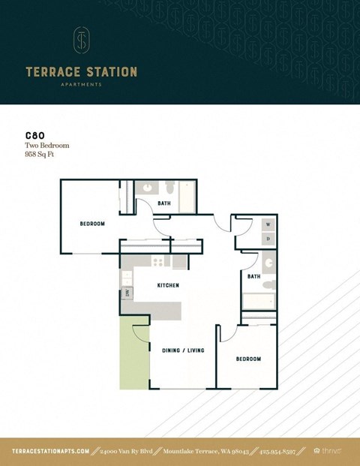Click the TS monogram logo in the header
[x=81, y=41]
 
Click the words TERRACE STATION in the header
[x=81, y=72]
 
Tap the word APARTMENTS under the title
[x=81, y=85]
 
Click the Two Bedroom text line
[x=46, y=146]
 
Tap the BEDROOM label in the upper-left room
[x=92, y=224]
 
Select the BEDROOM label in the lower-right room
[x=248, y=359]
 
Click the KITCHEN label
[x=167, y=286]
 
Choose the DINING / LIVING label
[x=183, y=350]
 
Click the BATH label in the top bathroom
[x=163, y=203]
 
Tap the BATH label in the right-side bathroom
[x=253, y=276]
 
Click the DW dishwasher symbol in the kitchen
[x=127, y=293]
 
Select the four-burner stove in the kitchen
[x=157, y=262]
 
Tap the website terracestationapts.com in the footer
[x=51, y=451]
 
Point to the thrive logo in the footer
[x=331, y=451]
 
